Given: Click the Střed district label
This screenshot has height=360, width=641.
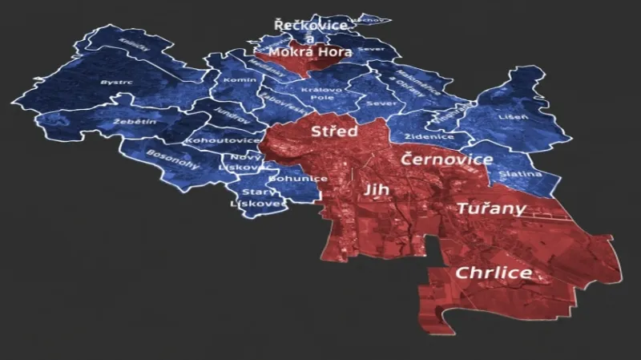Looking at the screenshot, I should point(334,131).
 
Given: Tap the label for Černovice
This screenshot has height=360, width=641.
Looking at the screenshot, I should point(447,160).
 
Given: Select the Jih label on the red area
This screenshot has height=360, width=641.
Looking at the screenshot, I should point(375,190).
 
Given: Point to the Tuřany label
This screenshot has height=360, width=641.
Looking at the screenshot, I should point(491,209).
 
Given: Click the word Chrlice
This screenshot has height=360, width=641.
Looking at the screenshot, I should point(493,273).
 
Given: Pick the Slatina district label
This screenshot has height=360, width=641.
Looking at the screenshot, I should point(520,174).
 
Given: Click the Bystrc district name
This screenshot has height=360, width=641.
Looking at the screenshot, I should point(115,83).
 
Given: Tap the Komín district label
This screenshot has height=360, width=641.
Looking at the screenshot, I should point(240,81).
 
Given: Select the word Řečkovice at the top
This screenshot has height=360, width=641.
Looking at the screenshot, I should point(311,26).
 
